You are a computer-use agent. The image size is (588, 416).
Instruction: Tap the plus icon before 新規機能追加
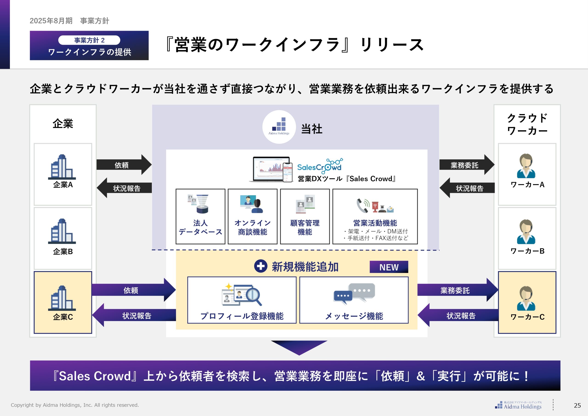click(x=260, y=266)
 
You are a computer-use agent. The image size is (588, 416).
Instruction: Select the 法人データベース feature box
click(x=200, y=216)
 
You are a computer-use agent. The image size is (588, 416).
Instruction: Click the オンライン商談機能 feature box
click(x=252, y=216)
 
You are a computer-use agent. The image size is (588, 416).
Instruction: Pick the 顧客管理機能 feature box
click(x=305, y=216)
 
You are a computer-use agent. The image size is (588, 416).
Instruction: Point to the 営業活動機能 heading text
click(x=375, y=223)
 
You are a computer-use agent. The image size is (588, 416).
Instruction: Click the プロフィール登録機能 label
click(x=242, y=316)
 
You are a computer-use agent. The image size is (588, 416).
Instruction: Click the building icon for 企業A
click(x=62, y=167)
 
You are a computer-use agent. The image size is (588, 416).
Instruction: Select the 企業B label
click(x=63, y=251)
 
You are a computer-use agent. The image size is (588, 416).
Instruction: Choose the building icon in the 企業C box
click(x=62, y=298)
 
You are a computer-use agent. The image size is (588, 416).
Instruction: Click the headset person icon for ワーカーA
click(x=526, y=166)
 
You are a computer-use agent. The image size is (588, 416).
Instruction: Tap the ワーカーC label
click(x=527, y=317)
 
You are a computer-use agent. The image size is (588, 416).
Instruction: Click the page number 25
click(x=577, y=405)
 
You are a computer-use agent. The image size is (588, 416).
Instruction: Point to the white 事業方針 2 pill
click(x=89, y=40)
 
